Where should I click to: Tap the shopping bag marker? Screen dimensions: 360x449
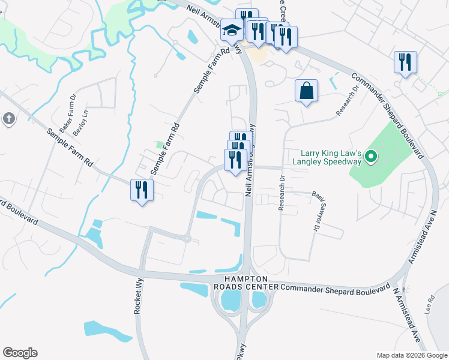coord(306,91)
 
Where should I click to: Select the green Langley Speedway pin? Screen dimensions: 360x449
coord(371,158)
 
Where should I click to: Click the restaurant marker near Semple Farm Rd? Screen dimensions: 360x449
coord(142,191)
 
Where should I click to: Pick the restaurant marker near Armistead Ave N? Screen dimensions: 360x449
coord(405,62)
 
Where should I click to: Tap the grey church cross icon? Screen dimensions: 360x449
coord(8,118)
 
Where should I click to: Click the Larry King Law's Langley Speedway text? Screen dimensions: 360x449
coord(327,157)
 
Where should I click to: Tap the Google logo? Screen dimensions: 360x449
coord(20,353)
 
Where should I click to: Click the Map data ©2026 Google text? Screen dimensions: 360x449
coord(412,355)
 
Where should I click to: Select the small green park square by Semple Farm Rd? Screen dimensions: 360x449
coord(159,144)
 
